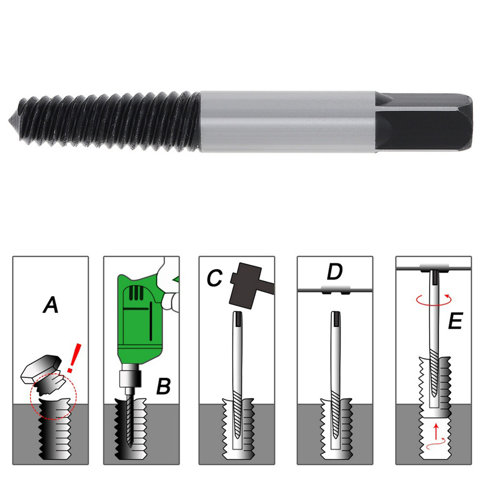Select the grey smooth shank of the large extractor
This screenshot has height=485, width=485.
click(x=288, y=122)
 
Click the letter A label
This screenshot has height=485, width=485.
click(x=51, y=305)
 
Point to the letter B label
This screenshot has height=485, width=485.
click(x=163, y=386)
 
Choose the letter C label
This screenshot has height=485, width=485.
click(x=214, y=278)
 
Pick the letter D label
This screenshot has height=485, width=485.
click(x=334, y=272)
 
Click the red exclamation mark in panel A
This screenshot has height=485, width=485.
click(x=74, y=358)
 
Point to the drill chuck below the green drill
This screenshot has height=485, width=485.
click(x=130, y=375)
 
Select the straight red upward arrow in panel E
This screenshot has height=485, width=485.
click(x=436, y=431)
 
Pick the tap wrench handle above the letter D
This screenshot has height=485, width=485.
click(x=335, y=290)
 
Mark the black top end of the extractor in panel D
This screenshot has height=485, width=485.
click(x=336, y=318)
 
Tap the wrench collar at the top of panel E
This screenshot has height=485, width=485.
click(x=434, y=268)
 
